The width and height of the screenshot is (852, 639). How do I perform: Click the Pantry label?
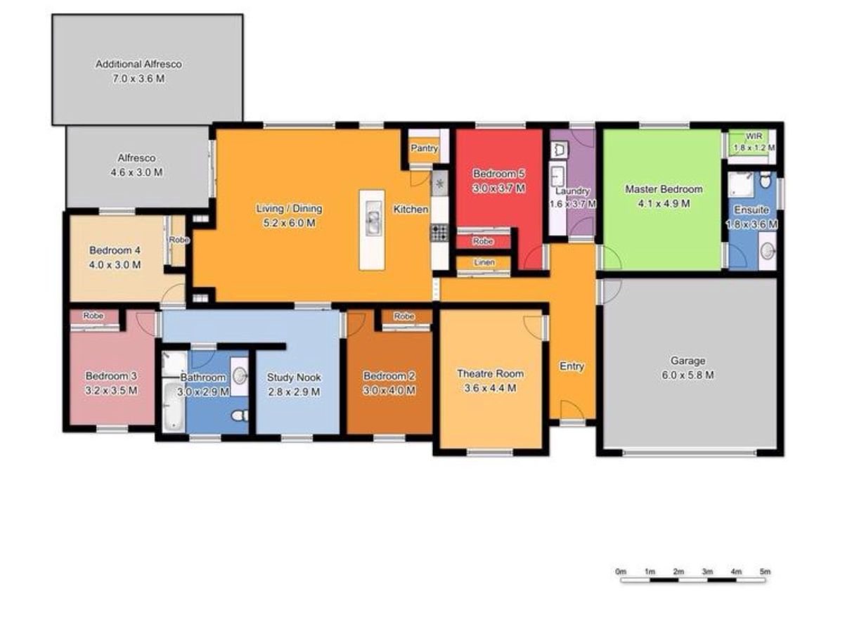coord(424,148)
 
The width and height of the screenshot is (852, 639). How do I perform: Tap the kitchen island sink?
coord(373,223)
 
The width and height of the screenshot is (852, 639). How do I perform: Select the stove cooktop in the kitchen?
coord(439,233)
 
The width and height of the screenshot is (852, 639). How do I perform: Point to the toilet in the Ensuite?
coord(765,180)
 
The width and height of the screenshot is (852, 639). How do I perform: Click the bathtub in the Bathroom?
coord(173,406)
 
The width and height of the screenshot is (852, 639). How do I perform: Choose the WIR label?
coord(754,136)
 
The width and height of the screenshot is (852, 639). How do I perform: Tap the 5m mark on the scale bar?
coord(765,572)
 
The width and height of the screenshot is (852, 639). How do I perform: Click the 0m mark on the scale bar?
coord(621,572)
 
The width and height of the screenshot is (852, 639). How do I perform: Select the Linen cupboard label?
coord(484,263)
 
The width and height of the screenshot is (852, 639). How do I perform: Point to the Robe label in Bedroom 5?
coord(483,241)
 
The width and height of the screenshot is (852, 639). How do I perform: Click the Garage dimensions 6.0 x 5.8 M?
coord(688,375)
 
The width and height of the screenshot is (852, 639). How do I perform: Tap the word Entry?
coord(572,366)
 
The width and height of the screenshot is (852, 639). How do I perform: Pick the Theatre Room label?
coord(490,373)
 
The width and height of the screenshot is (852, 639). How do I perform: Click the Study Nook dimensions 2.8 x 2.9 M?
coord(294,392)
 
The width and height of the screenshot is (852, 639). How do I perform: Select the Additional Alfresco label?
coord(138,64)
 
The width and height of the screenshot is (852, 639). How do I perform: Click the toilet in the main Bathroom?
coord(240,416)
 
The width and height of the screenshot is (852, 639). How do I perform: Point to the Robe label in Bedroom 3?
coord(93,316)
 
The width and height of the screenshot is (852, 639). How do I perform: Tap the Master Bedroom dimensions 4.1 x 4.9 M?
coord(664,203)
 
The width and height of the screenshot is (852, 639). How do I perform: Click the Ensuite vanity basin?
coord(767,252)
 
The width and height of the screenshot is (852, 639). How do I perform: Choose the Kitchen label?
coord(411,209)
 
